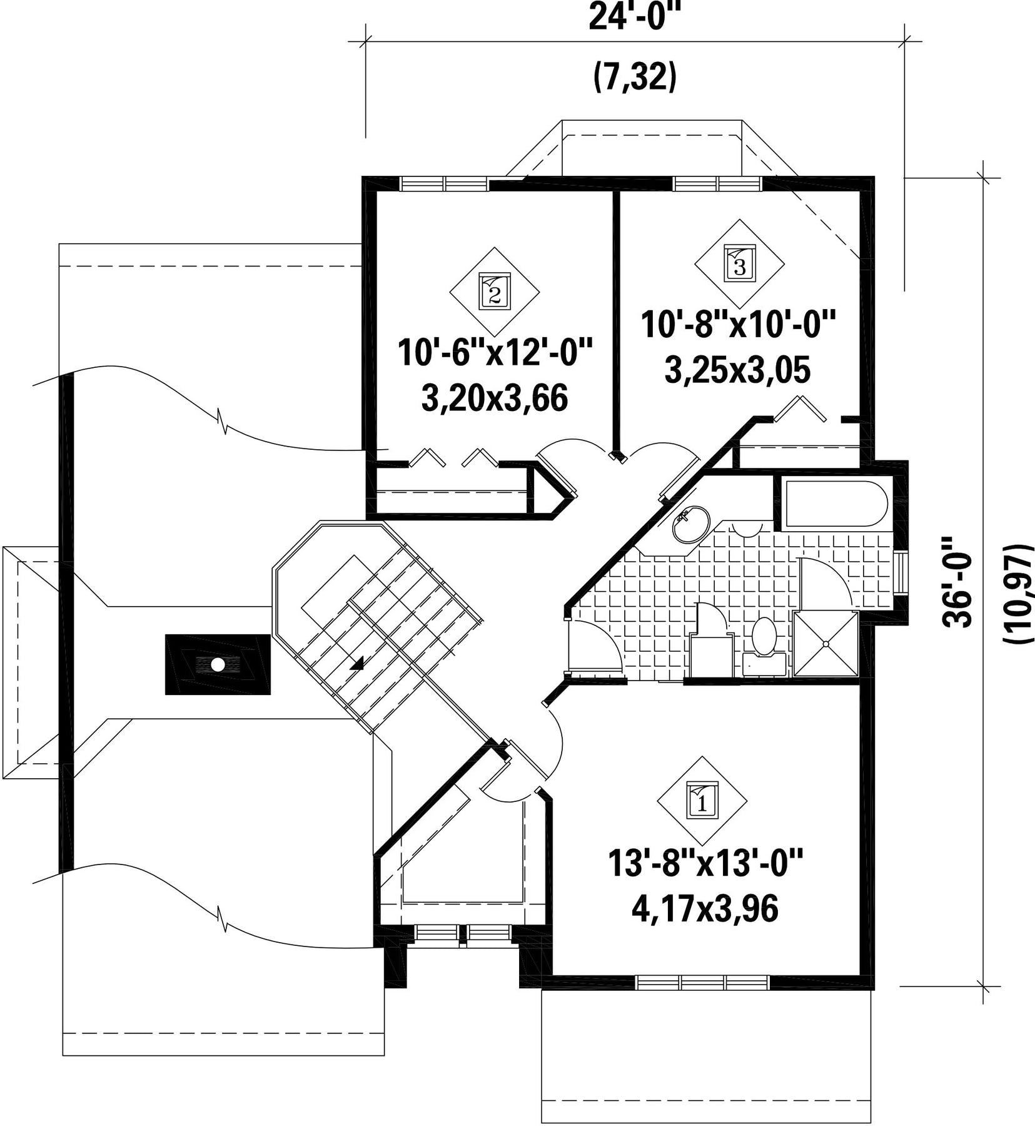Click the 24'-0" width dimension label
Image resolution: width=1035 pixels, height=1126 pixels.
point(634,18)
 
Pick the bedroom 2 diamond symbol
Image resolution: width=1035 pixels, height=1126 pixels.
point(495,291)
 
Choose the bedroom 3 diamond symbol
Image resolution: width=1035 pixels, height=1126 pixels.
point(739,263)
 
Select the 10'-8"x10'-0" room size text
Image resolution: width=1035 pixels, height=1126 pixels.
point(738,326)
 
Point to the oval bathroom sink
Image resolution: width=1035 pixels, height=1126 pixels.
point(691,525)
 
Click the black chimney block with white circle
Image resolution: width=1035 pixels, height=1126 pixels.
point(218,664)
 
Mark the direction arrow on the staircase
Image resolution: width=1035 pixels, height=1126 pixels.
point(357,664)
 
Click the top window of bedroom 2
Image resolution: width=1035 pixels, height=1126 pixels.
point(445,183)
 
